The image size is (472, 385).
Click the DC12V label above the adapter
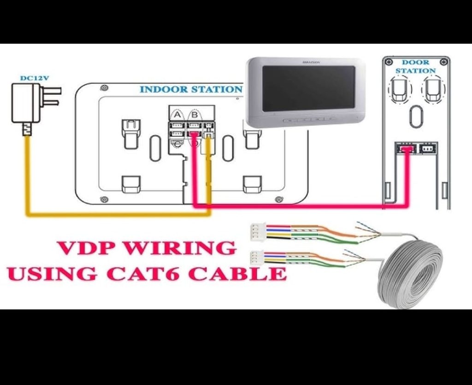(x=34, y=78)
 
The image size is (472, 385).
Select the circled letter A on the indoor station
(x=177, y=114)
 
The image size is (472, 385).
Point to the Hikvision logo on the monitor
(x=311, y=61)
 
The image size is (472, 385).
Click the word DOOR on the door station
(x=416, y=62)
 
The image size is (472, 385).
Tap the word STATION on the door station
(x=416, y=71)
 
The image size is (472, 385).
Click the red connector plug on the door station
(x=406, y=149)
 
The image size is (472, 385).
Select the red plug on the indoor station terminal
(x=194, y=134)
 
